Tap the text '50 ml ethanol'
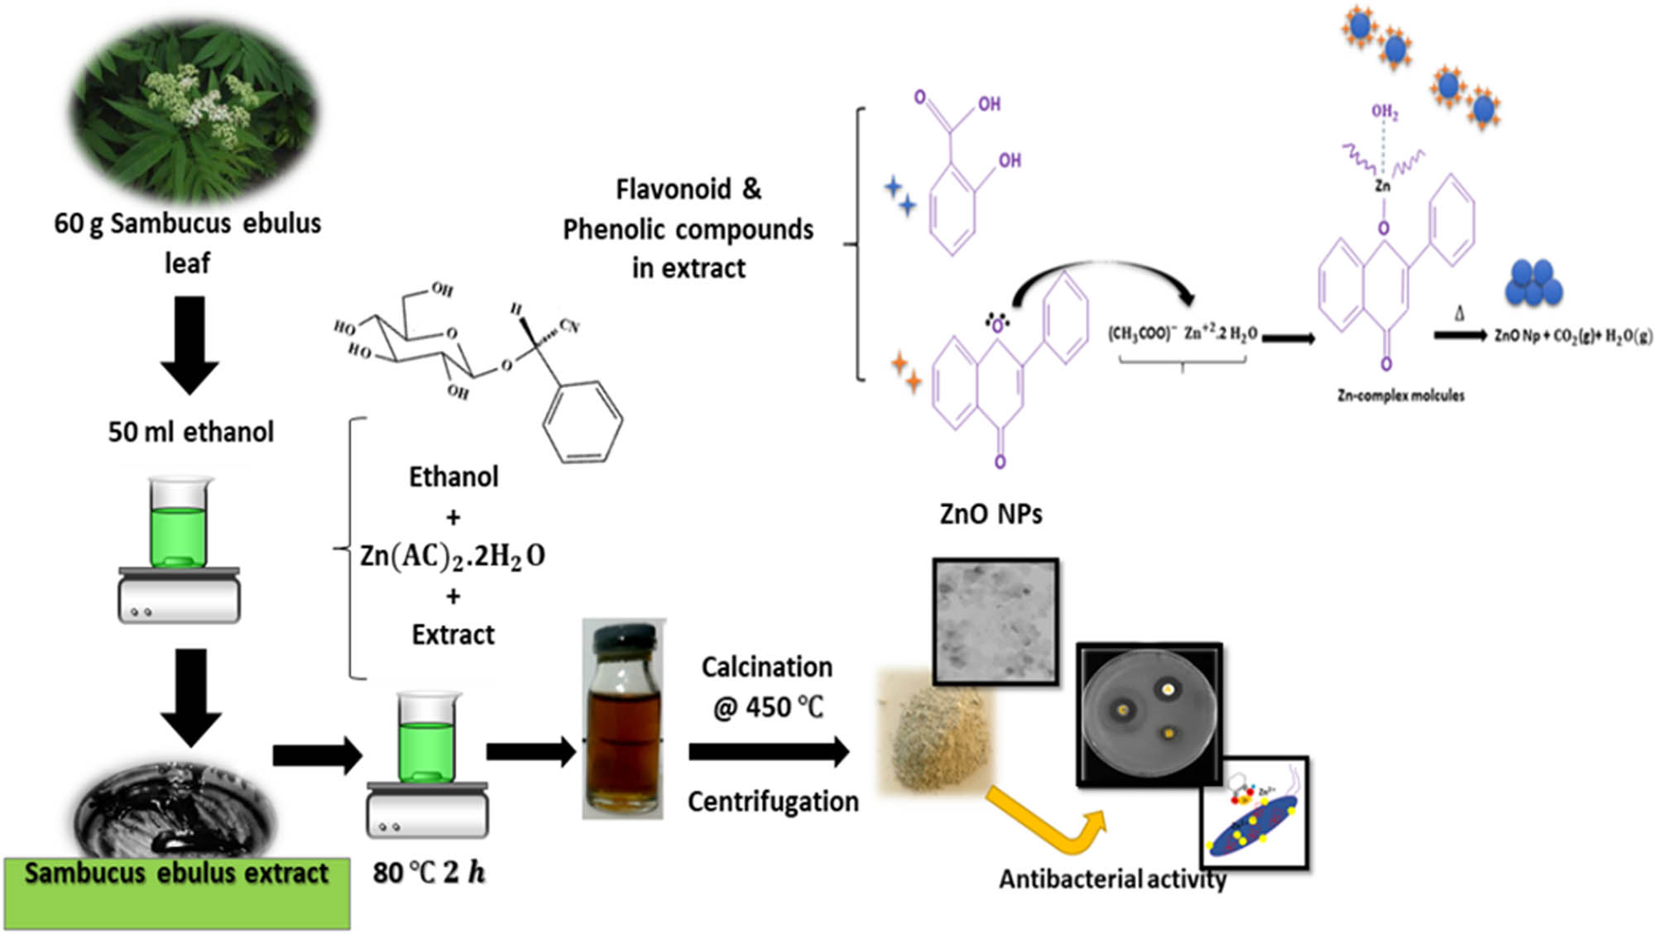[x=190, y=432]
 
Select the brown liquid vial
[x=623, y=728]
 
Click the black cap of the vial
[x=623, y=638]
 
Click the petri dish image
[x=1149, y=716]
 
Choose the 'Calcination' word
[x=766, y=667]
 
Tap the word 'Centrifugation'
[x=773, y=802]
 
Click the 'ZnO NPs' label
[x=991, y=515]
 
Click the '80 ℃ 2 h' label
[x=429, y=872]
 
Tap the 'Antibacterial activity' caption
[x=1112, y=879]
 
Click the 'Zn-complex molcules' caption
[x=1400, y=395]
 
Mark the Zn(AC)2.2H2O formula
[x=453, y=556]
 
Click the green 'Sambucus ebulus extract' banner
[x=176, y=892]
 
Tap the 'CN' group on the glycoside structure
[x=569, y=326]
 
